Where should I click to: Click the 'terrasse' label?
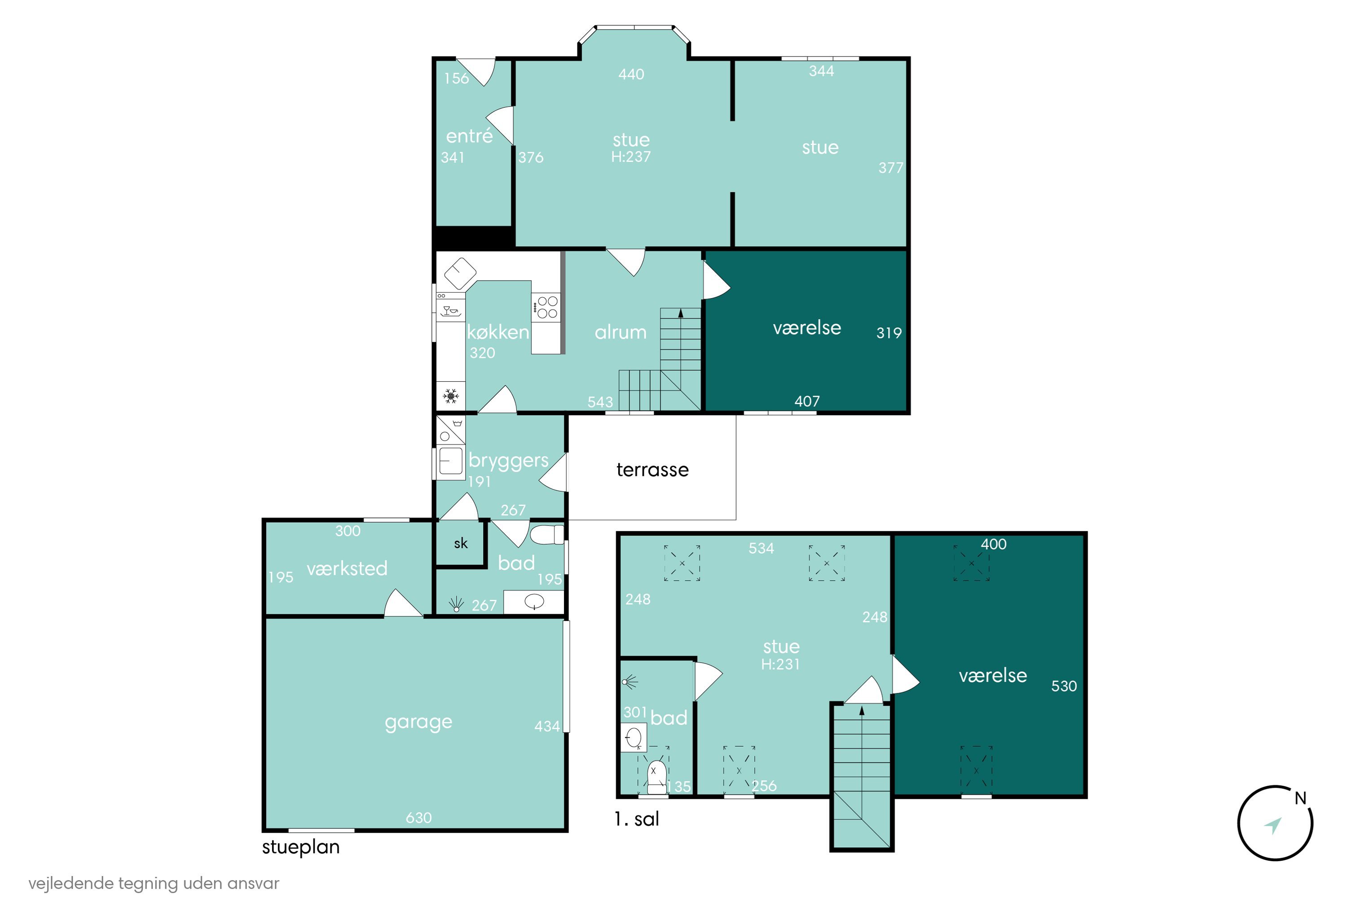click(x=652, y=470)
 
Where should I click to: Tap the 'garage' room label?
click(x=418, y=722)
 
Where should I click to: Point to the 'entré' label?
click(x=469, y=136)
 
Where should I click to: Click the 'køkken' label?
click(x=497, y=332)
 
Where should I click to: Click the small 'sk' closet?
click(x=461, y=543)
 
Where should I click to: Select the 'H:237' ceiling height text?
click(x=630, y=156)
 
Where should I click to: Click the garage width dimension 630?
click(x=418, y=817)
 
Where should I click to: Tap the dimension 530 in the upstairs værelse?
click(x=1064, y=686)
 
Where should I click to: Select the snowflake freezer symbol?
click(x=451, y=396)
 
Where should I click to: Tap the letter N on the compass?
click(x=1301, y=798)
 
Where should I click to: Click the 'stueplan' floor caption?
click(x=301, y=847)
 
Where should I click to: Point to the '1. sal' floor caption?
click(x=637, y=819)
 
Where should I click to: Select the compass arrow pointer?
click(x=1272, y=826)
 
